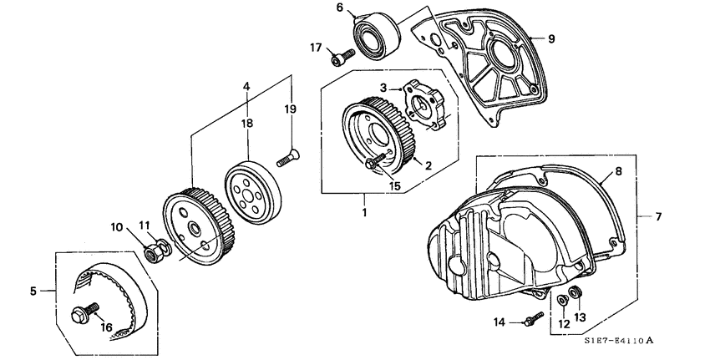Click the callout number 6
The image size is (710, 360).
tap(340, 8)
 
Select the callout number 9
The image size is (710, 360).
tap(551, 38)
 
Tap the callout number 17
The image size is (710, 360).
tap(316, 48)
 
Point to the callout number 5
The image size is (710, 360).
tap(33, 292)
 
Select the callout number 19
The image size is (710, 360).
tap(292, 109)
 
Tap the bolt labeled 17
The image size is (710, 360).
tap(341, 57)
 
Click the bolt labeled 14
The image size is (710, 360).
tap(531, 318)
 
